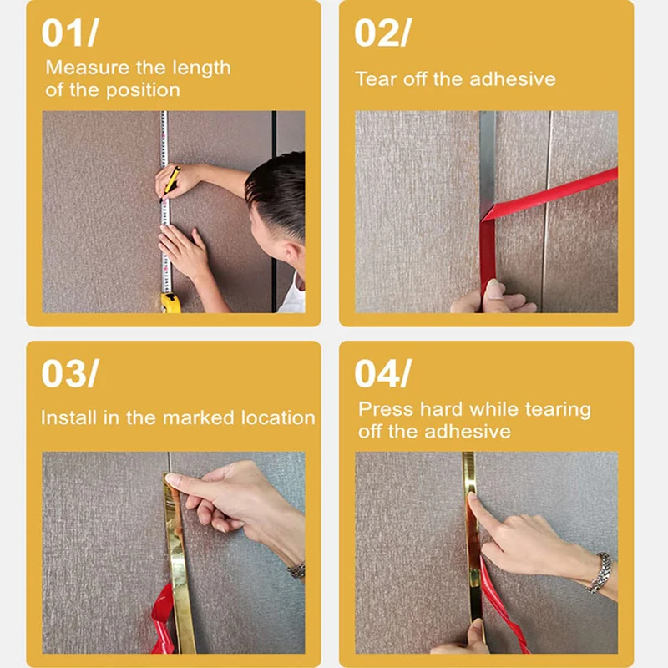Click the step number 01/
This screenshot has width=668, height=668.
[x=70, y=33]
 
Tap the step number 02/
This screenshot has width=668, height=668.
[x=382, y=33]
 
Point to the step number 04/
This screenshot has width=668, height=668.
[x=382, y=373]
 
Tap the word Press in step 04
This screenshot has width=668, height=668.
[x=386, y=409]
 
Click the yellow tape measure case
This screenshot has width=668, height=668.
[x=170, y=302]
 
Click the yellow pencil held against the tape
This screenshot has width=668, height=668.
[x=170, y=182]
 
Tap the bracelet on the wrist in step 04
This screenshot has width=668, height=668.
[x=599, y=572]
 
